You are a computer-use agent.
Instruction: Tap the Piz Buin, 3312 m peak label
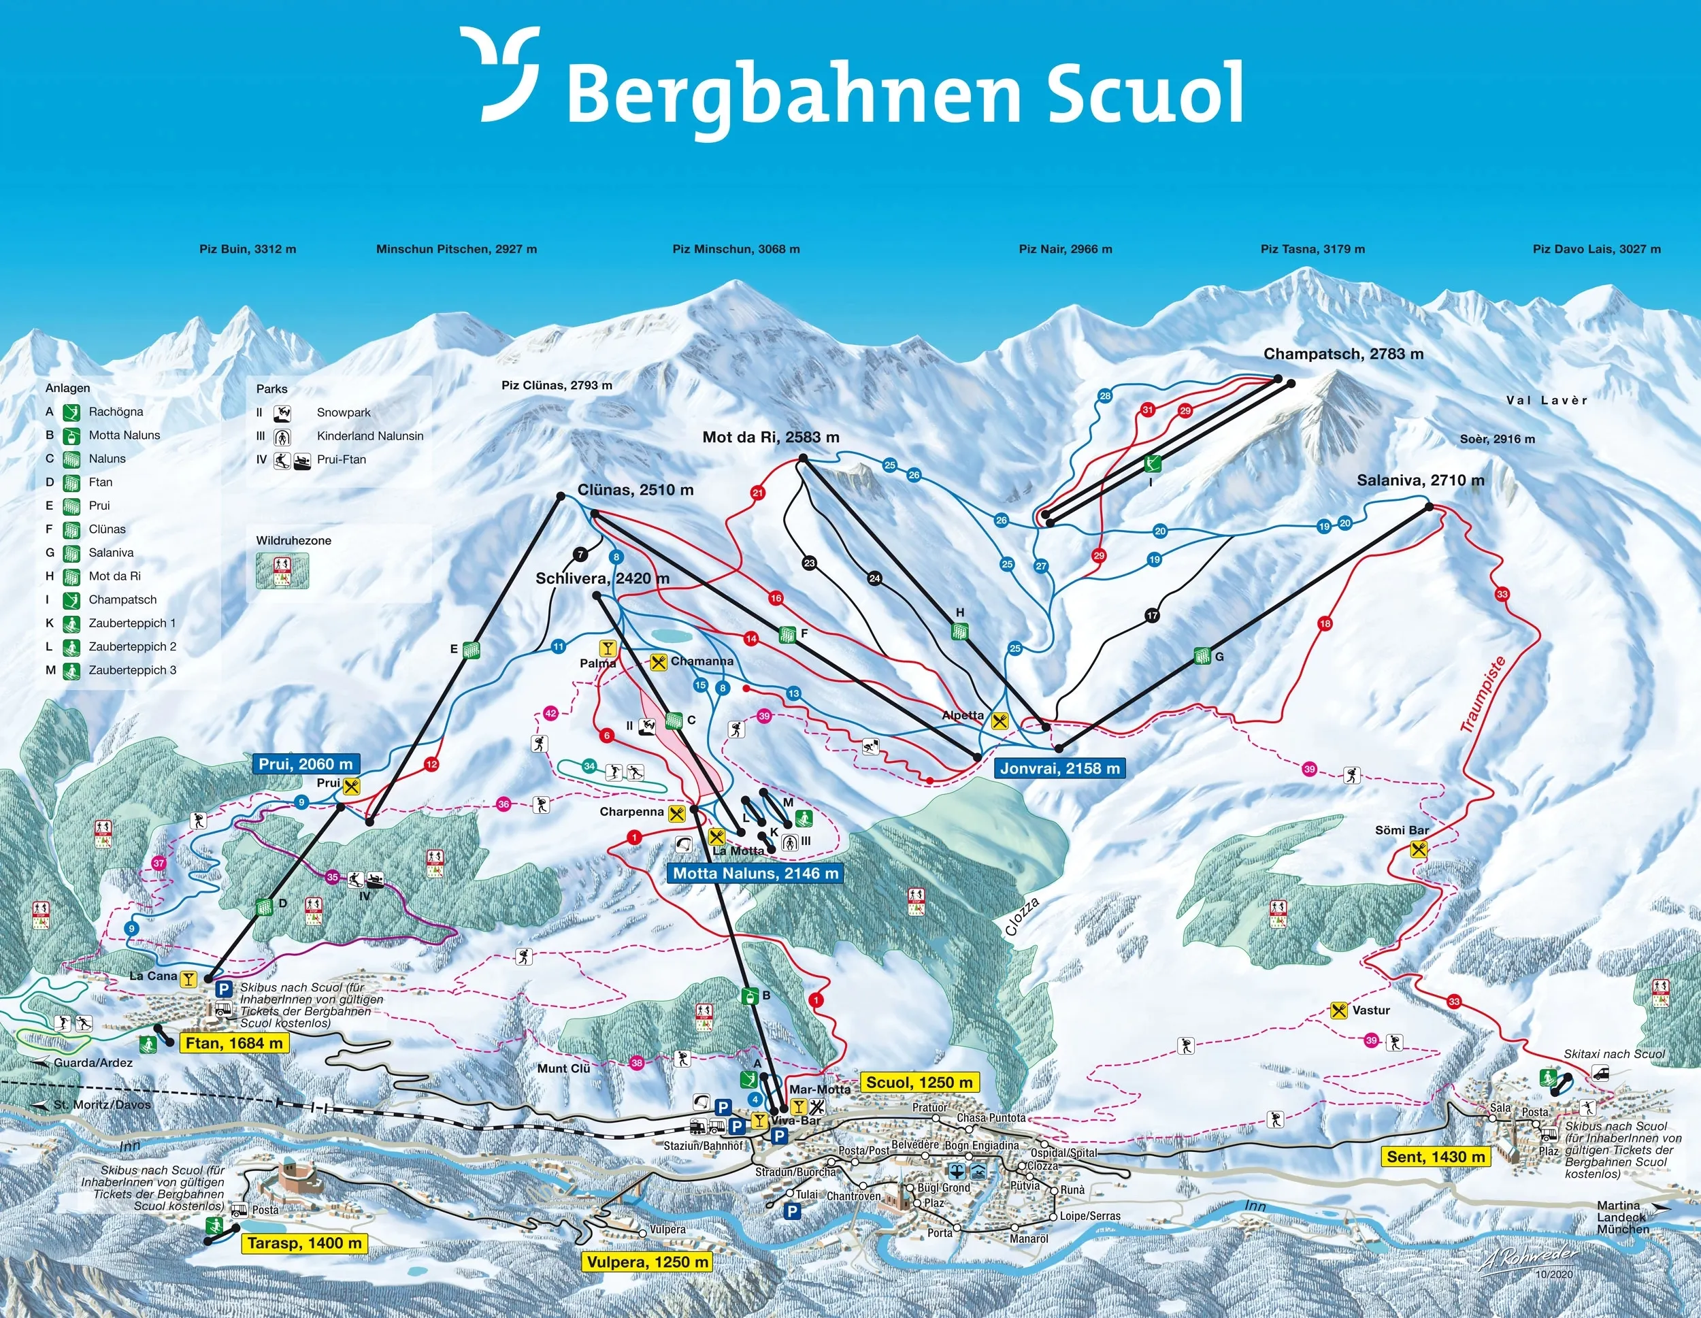coord(247,249)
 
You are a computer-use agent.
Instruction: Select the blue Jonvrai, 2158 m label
coord(1059,768)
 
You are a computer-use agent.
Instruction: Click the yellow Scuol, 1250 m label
coord(919,1082)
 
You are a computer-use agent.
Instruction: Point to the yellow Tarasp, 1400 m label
coord(305,1243)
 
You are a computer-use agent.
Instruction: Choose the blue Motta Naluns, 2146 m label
coord(755,873)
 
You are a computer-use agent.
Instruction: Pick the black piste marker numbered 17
coord(1152,615)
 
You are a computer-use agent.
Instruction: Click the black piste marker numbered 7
coord(580,555)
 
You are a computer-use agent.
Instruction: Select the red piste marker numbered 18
coord(1325,623)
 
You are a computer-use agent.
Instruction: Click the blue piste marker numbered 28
coord(1104,396)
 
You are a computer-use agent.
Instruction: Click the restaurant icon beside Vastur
coord(1339,1011)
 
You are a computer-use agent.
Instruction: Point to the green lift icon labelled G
coord(1202,657)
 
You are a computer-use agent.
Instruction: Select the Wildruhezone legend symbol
coord(282,570)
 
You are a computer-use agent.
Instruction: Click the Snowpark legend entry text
coord(344,412)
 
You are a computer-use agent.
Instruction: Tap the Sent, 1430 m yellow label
coord(1436,1157)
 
